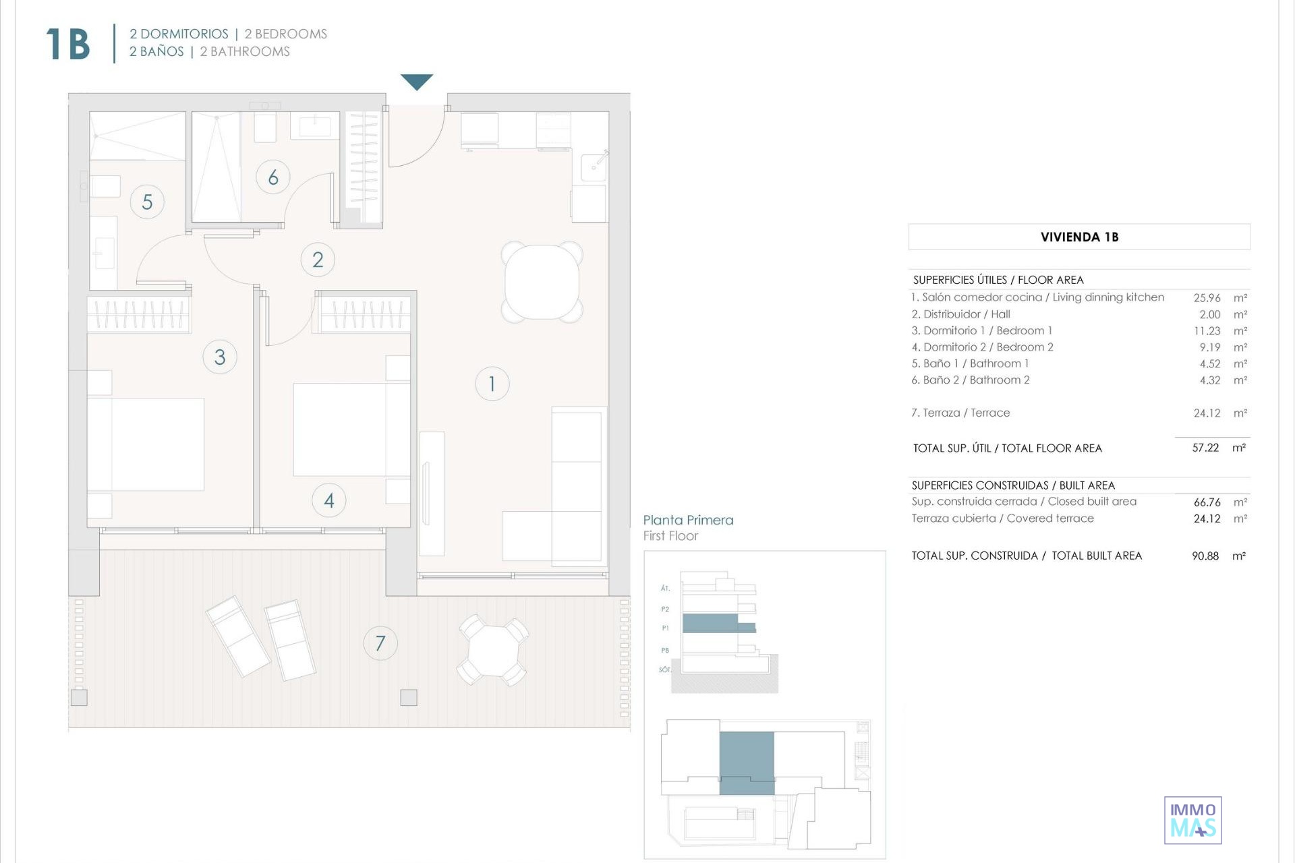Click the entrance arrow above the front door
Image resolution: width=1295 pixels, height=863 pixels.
(x=417, y=82)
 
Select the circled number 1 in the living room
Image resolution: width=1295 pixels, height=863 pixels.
(x=492, y=384)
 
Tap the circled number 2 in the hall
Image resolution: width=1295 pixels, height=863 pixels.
(x=318, y=260)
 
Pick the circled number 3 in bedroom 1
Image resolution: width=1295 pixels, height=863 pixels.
(x=220, y=357)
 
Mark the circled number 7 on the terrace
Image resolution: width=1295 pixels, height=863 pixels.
(x=380, y=643)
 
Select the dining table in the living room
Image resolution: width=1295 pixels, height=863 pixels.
(x=542, y=282)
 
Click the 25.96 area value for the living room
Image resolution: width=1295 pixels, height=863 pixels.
(x=1207, y=297)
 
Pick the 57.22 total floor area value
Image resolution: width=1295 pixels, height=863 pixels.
(x=1205, y=448)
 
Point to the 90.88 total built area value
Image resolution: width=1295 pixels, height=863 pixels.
(x=1205, y=556)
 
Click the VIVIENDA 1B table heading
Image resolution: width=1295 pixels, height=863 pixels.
(x=1079, y=237)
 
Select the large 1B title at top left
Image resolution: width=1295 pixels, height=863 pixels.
(x=68, y=44)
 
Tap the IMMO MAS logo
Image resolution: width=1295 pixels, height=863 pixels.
(x=1193, y=821)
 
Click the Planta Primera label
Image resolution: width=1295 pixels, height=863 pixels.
(x=688, y=520)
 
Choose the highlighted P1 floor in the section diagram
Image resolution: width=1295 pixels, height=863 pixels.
(x=718, y=623)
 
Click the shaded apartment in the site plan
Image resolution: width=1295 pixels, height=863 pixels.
(x=747, y=763)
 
